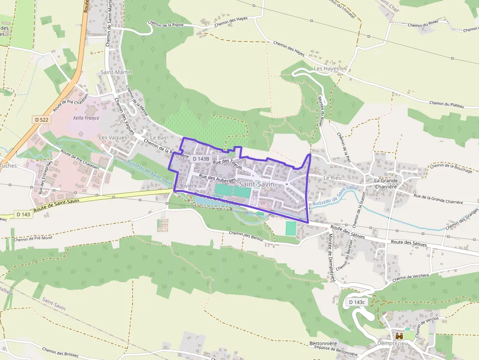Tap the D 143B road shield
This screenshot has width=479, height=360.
201,159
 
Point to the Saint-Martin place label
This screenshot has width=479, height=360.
116,72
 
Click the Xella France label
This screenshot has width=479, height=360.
86,118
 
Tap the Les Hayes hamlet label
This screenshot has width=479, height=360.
327,69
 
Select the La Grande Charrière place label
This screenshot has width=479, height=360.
386,183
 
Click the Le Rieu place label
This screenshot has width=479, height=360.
332,178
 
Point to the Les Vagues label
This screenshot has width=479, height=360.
113,137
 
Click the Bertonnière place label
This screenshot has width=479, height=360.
323,343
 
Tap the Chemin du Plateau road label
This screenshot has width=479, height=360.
447,103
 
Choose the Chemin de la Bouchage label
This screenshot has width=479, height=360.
451,168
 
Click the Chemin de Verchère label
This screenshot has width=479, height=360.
411,276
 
